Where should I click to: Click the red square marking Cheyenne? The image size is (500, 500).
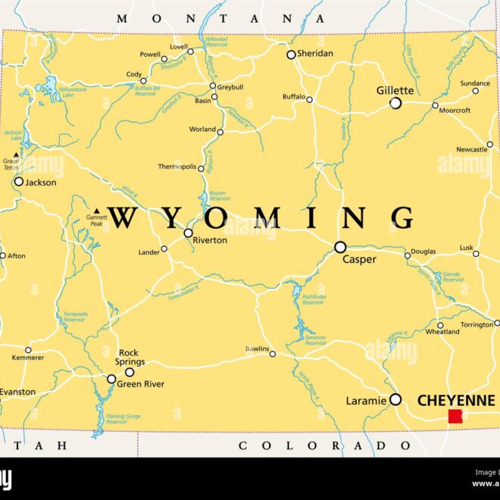455,416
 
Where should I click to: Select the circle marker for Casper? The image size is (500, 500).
340,247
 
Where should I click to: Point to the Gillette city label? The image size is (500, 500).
395,90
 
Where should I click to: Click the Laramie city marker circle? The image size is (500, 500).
395,399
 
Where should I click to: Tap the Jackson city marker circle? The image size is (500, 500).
19,182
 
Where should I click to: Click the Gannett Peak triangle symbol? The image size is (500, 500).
96,211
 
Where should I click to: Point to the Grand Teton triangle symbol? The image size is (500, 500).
16,155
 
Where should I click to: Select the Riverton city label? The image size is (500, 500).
210,240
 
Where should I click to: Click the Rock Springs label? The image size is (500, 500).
130,357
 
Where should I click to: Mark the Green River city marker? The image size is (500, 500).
111,379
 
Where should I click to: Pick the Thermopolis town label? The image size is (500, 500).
177,167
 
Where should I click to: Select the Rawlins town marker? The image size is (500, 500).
273,354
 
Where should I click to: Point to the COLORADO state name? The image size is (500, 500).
314,445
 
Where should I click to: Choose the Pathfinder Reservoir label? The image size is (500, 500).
314,299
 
